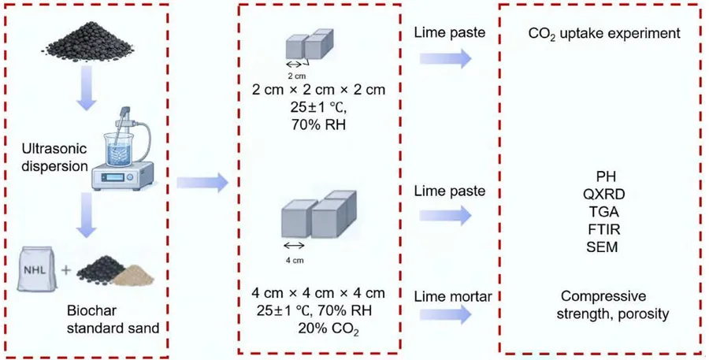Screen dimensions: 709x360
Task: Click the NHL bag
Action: coord(37,269)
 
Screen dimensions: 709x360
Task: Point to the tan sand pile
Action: coord(133,275)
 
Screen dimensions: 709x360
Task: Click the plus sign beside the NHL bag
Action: coord(66,270)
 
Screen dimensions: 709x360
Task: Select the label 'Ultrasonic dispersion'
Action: coord(54,158)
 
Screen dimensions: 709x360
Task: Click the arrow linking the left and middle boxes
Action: coord(202,182)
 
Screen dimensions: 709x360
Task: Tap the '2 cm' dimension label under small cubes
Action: coord(297,76)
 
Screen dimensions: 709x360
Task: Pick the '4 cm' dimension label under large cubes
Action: coord(295,260)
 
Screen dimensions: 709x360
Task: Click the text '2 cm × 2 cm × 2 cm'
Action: coord(319,90)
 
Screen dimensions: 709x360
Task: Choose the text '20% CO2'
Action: coord(329,328)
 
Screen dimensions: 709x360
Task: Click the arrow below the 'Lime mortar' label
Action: coord(446,314)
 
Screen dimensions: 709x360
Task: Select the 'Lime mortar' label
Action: coord(453,297)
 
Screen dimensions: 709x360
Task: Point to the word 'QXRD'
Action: coord(604,194)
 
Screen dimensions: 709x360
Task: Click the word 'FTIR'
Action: coord(604,229)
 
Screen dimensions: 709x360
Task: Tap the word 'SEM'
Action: coord(603,247)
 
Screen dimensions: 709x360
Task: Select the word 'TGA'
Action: coord(604,212)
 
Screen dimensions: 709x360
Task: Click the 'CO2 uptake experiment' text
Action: coord(604,33)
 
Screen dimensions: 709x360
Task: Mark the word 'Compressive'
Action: coord(603,296)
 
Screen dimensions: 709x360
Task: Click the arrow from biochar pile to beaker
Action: coord(86,87)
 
